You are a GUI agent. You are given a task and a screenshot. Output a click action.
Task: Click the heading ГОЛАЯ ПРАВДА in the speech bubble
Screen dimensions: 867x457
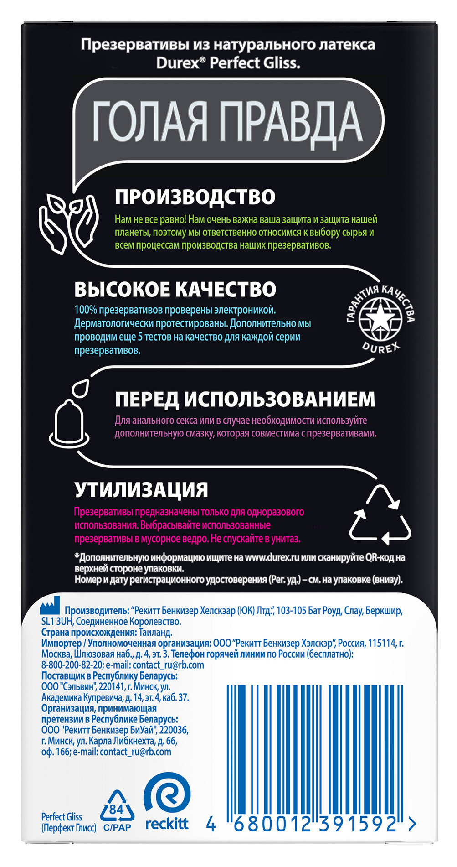[x=228, y=121]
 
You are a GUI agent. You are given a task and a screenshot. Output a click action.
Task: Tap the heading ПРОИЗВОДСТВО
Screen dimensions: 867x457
[x=195, y=197]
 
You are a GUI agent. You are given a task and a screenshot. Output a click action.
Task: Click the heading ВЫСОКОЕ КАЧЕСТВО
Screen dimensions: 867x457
[x=175, y=290]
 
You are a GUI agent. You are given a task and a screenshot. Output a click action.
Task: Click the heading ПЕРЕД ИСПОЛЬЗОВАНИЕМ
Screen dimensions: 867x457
[x=245, y=400]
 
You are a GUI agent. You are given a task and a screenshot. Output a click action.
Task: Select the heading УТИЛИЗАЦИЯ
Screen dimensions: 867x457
[x=141, y=490]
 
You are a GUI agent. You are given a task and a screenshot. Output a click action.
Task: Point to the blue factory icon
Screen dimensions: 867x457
[x=50, y=606]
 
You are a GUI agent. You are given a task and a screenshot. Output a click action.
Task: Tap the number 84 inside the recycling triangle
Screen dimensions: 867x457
[x=117, y=810]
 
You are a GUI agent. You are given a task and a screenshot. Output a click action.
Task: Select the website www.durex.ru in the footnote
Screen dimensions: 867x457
[x=272, y=557]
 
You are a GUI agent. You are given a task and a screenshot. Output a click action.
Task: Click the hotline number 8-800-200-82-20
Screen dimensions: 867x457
[x=72, y=665]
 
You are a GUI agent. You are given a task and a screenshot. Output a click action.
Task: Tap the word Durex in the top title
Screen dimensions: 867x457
[x=178, y=63]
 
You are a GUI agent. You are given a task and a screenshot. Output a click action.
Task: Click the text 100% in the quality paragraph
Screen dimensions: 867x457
[x=86, y=310]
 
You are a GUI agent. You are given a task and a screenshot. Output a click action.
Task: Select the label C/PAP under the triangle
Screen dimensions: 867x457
[x=117, y=827]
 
